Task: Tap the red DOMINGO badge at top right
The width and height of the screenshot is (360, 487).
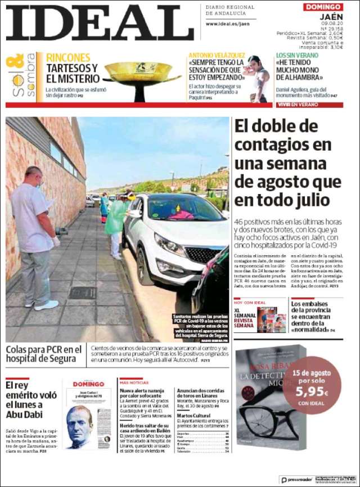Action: coord(323,7)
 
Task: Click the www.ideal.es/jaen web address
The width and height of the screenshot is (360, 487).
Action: coord(227,24)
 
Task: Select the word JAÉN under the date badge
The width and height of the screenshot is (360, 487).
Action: coord(331,17)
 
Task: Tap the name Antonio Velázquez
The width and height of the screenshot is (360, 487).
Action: coord(217,55)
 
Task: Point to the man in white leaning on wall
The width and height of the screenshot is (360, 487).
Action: coord(34,236)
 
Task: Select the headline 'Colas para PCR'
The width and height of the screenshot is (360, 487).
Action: coord(44,354)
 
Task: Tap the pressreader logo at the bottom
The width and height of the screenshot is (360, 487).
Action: coord(295,480)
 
